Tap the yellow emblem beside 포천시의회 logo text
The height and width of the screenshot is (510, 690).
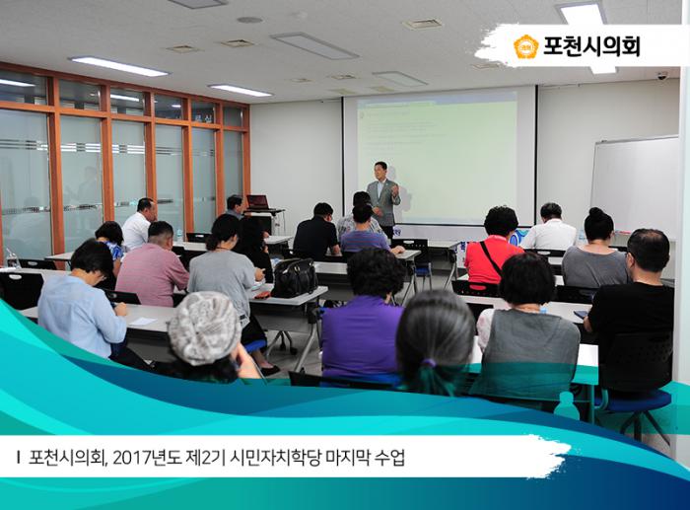(526, 46)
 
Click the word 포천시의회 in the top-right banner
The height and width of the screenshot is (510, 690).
(591, 46)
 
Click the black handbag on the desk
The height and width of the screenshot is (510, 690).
(294, 279)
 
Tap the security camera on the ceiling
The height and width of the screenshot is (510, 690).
(662, 75)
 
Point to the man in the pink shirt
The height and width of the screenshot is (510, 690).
(153, 266)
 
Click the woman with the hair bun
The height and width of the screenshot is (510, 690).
(595, 252)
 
